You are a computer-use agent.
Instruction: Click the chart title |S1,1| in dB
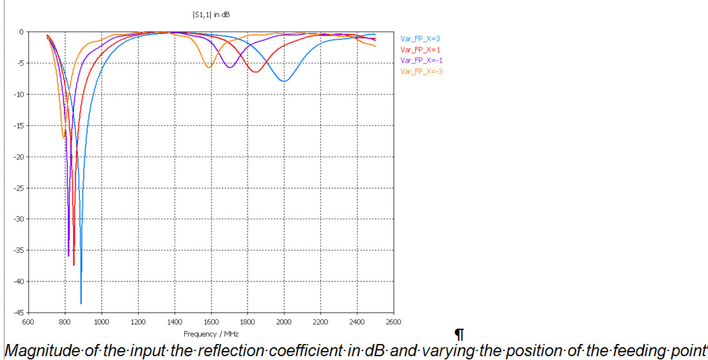pos(211,14)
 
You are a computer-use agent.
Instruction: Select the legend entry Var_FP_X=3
pos(420,38)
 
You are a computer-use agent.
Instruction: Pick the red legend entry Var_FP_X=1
pos(420,49)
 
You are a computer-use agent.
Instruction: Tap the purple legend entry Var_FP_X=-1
pos(421,60)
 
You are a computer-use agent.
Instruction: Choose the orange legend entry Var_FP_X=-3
pos(421,71)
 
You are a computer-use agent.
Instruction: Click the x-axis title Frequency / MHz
pos(211,334)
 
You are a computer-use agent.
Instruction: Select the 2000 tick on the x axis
pos(284,322)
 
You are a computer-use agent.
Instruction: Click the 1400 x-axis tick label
pos(175,322)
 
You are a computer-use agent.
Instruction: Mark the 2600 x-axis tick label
pos(393,322)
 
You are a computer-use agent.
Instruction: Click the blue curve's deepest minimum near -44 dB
pos(81,303)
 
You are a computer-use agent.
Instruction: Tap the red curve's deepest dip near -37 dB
pos(74,264)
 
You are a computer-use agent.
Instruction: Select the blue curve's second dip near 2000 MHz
pos(284,81)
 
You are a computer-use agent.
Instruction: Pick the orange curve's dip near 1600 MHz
pos(208,67)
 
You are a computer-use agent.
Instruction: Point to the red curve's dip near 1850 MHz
pos(255,72)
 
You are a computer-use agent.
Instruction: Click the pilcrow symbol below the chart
pos(458,334)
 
